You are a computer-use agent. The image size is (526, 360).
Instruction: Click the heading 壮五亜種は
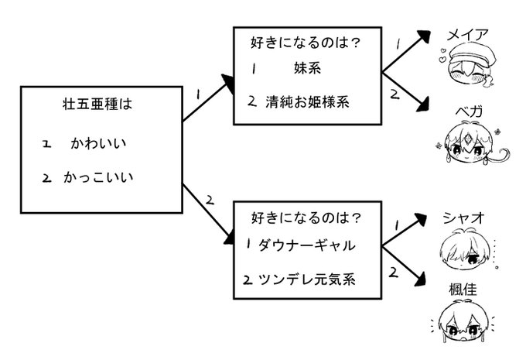pyautogui.click(x=97, y=104)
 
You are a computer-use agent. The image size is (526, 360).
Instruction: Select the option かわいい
pyautogui.click(x=98, y=143)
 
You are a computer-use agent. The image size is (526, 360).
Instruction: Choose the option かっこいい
pyautogui.click(x=98, y=177)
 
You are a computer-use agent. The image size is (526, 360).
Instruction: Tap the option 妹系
pyautogui.click(x=307, y=68)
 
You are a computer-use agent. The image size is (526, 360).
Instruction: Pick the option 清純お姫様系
pyautogui.click(x=307, y=101)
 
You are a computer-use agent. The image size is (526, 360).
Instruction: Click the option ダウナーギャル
pyautogui.click(x=306, y=245)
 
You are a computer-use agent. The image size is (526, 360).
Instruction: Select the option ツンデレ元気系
pyautogui.click(x=306, y=279)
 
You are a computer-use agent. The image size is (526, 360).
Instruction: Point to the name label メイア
pyautogui.click(x=467, y=36)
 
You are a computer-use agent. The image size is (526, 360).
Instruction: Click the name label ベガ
pyautogui.click(x=469, y=111)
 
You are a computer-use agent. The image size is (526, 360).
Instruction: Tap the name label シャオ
pyautogui.click(x=464, y=218)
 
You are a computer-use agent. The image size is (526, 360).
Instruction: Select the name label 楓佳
pyautogui.click(x=463, y=289)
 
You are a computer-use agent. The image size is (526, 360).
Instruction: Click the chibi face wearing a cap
pyautogui.click(x=468, y=66)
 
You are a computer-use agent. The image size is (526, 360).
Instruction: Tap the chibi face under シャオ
pyautogui.click(x=463, y=249)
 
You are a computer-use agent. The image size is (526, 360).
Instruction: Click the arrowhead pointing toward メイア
pyautogui.click(x=424, y=36)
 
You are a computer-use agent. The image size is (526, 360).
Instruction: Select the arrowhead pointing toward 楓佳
pyautogui.click(x=420, y=279)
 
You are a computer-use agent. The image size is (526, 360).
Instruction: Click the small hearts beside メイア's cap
pyautogui.click(x=443, y=56)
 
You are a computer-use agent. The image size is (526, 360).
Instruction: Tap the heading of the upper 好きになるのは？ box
pyautogui.click(x=306, y=43)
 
